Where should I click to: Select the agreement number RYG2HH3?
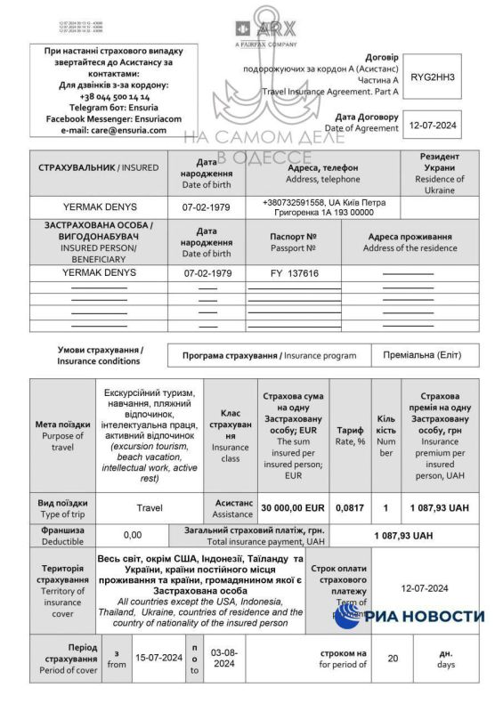click(432, 77)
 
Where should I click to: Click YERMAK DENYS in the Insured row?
click(99, 206)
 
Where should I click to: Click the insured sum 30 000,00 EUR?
click(291, 507)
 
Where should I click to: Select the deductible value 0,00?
click(132, 535)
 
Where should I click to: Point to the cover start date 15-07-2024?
click(158, 658)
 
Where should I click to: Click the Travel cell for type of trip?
click(150, 507)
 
